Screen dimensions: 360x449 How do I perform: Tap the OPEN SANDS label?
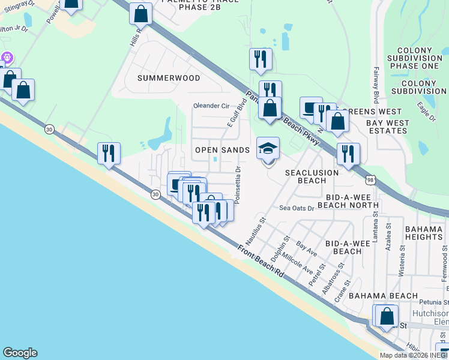(x=222, y=150)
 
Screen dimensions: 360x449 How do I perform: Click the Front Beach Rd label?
(x=260, y=261)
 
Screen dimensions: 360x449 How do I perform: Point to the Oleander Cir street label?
(x=211, y=106)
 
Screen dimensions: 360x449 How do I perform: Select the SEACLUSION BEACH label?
(x=312, y=176)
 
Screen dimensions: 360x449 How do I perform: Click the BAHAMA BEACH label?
(x=383, y=296)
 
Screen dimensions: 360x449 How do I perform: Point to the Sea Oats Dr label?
(x=297, y=208)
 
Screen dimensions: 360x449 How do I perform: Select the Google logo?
(x=20, y=353)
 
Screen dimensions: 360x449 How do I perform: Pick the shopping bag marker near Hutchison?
(x=387, y=315)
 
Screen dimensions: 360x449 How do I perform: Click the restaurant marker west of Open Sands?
(x=109, y=154)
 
